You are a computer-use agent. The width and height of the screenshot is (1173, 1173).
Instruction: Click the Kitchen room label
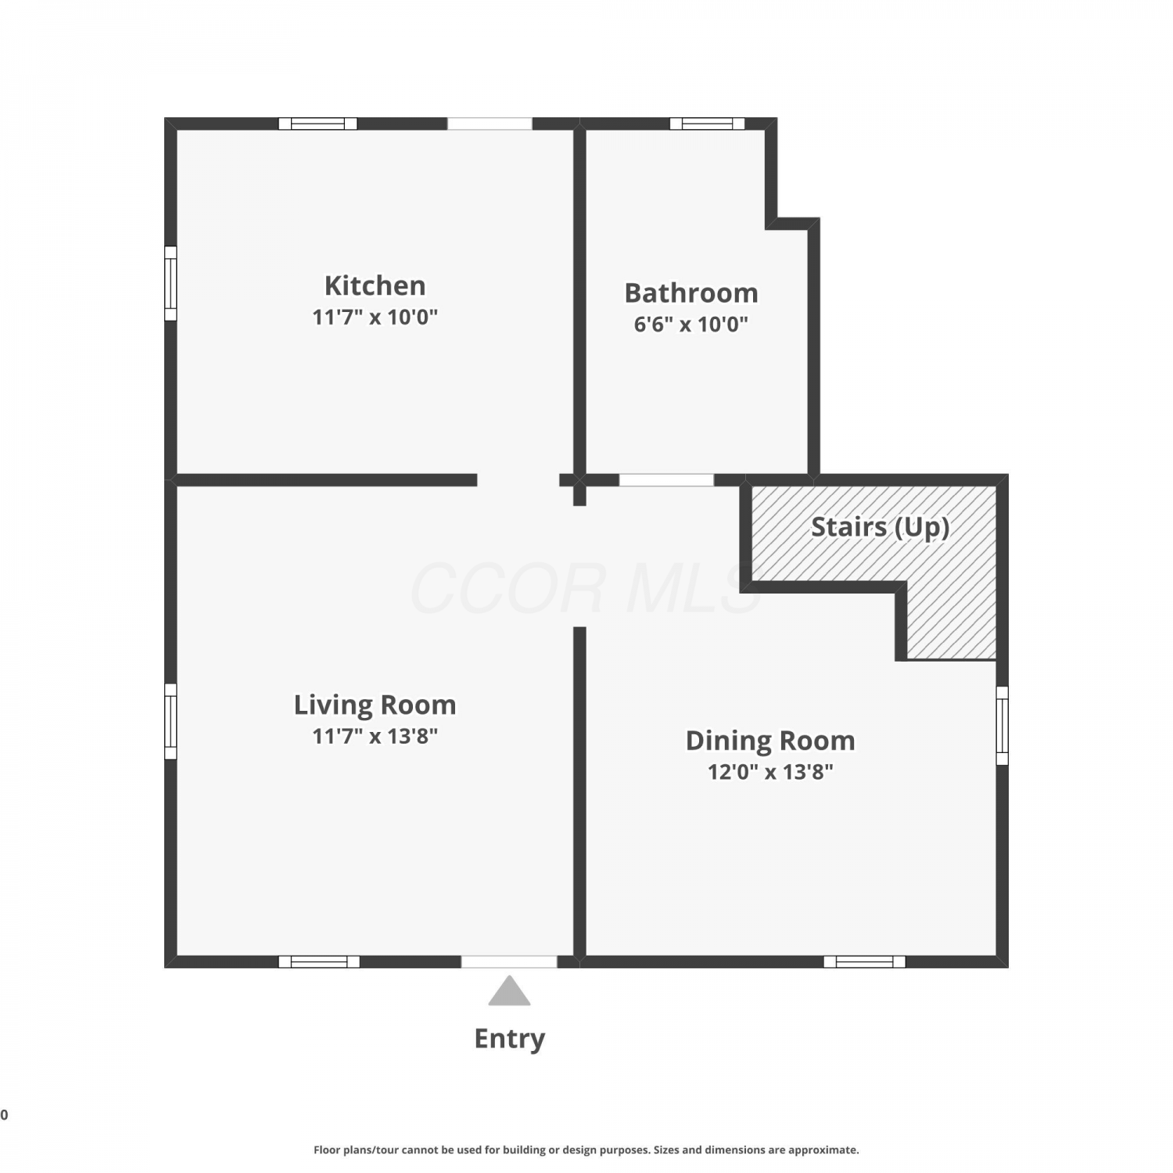375,285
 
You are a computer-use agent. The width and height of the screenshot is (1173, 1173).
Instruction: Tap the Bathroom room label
691,293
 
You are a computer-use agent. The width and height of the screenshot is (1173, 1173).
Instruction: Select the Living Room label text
375,705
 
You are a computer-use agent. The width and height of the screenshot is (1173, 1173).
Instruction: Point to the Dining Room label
770,741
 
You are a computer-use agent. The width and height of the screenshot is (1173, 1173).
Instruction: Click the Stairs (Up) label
881,528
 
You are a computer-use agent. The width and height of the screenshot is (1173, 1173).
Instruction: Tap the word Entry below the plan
510,1039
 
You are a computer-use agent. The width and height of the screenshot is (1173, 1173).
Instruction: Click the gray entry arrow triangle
510,991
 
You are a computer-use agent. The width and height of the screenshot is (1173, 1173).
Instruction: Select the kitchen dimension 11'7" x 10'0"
375,317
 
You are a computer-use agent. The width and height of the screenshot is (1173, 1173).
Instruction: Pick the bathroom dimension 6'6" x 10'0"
691,324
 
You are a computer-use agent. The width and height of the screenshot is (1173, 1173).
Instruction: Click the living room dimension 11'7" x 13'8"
375,736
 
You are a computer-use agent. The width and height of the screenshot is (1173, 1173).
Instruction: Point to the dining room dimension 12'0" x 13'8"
770,772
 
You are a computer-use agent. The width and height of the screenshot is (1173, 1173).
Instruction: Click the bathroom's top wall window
708,124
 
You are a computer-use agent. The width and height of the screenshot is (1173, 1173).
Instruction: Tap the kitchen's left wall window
170,284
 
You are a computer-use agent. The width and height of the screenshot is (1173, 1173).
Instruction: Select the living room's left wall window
170,721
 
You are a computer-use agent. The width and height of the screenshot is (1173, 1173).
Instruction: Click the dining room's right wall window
1003,726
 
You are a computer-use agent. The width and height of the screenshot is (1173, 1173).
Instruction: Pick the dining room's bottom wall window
865,962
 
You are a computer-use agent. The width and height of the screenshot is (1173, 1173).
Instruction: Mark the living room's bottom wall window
319,962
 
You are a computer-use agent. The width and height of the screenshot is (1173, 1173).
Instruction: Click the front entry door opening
509,962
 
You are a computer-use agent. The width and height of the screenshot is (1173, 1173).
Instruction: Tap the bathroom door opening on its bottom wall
666,480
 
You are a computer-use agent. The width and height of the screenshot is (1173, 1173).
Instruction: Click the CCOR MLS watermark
586,588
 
